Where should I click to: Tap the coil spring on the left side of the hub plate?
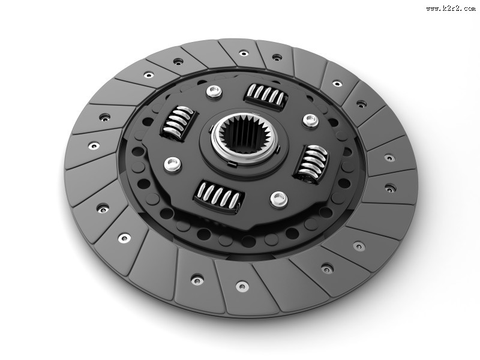click(x=178, y=123)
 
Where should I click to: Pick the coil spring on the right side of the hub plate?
click(x=311, y=164)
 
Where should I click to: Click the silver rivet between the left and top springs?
click(x=214, y=92)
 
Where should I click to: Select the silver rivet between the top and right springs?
click(x=311, y=121)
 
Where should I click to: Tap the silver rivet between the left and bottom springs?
click(x=173, y=164)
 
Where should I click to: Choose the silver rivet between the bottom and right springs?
click(x=279, y=199)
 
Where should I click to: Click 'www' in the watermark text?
click(x=433, y=8)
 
